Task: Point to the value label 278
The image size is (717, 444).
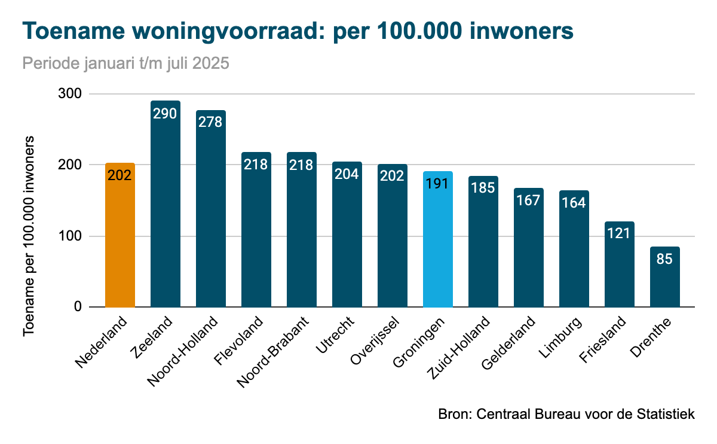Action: coord(210,122)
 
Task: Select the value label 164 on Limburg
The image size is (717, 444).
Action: coord(574,203)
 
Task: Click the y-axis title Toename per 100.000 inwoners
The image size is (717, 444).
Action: coord(29,236)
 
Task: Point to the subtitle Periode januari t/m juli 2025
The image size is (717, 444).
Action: coord(125,63)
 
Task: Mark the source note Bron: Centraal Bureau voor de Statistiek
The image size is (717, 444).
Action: coord(566,414)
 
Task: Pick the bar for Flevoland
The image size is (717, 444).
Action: coord(256,233)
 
